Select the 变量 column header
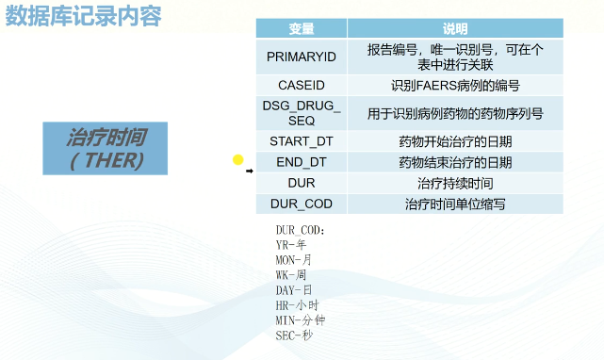[301, 29]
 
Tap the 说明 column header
[455, 29]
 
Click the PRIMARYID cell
[301, 57]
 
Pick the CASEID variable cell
[301, 85]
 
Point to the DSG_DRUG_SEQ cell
[301, 112]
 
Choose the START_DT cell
[301, 141]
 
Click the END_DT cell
[301, 162]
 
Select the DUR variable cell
[301, 183]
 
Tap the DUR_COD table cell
[301, 204]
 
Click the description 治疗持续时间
[455, 183]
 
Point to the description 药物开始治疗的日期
[455, 141]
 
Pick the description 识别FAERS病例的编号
[455, 85]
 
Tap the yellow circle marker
[238, 160]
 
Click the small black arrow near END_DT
[250, 172]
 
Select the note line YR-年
[291, 244]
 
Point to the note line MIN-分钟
[301, 319]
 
